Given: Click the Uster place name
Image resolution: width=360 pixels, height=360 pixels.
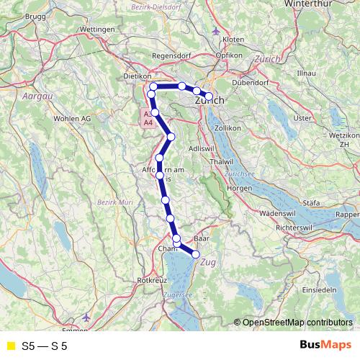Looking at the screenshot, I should [302, 117].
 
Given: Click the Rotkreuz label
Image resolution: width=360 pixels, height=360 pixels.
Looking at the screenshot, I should [148, 279].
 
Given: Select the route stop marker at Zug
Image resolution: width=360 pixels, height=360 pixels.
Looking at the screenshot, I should [195, 253].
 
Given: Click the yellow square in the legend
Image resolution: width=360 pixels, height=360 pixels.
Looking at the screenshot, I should [11, 346].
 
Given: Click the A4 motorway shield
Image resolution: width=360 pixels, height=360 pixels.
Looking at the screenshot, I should [148, 123].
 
